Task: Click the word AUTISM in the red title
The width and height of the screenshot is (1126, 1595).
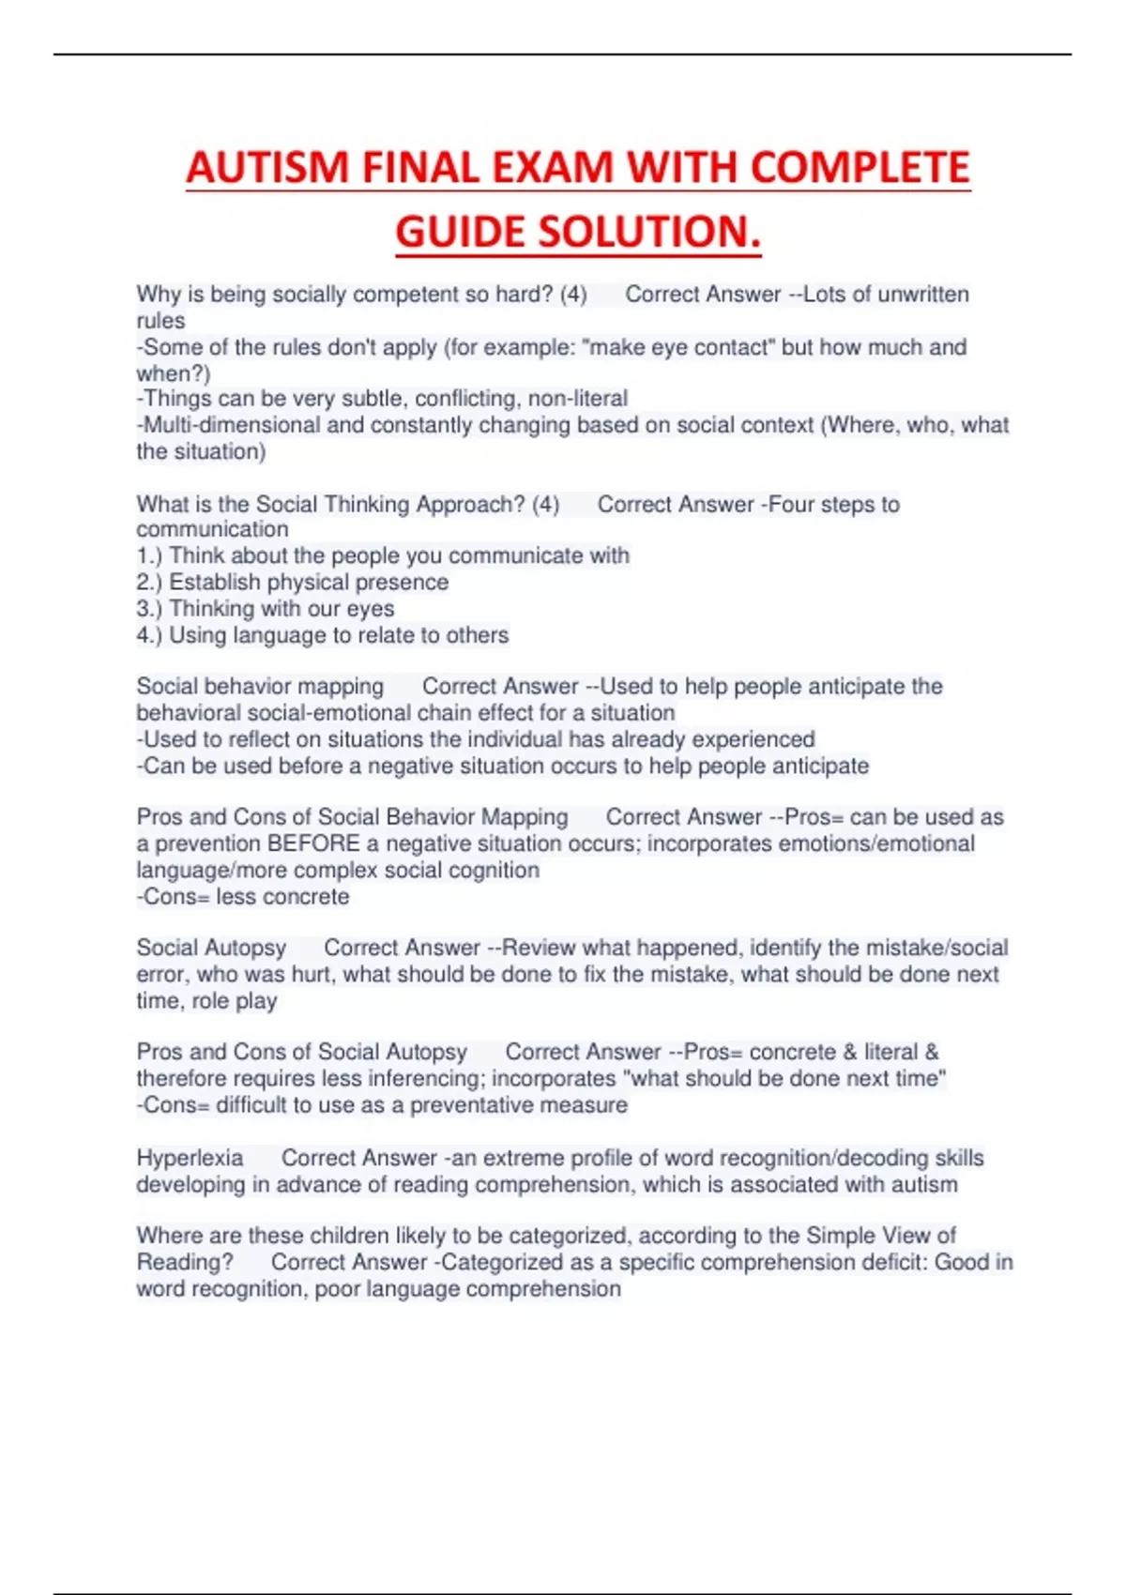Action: pyautogui.click(x=267, y=169)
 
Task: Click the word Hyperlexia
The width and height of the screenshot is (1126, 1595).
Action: pyautogui.click(x=190, y=1158)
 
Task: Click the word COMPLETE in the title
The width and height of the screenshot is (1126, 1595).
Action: pyautogui.click(x=860, y=169)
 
